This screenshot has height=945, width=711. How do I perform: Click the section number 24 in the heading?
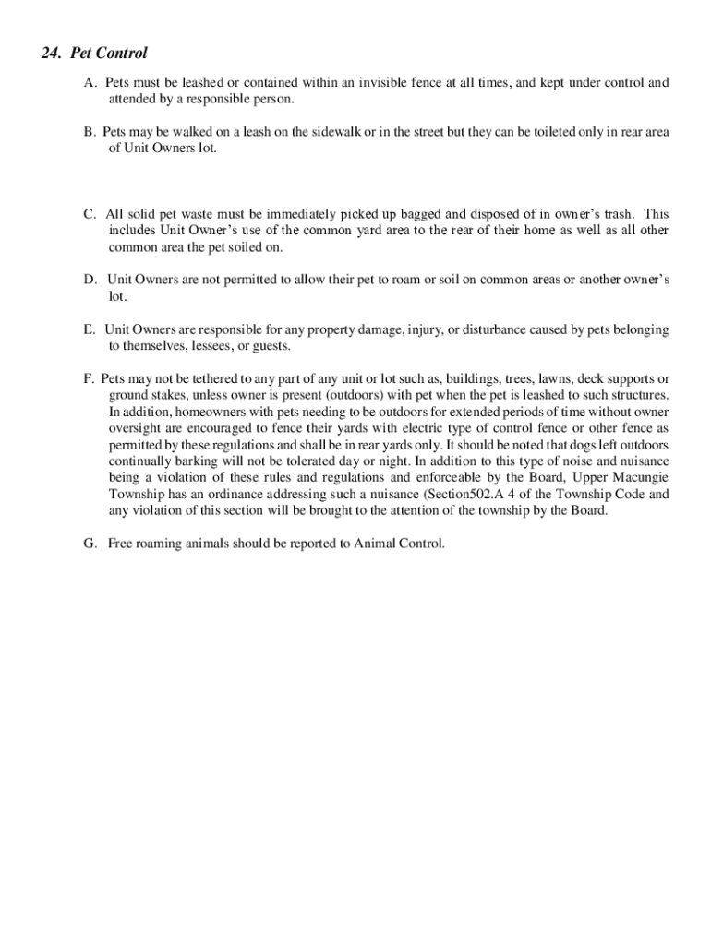(x=50, y=54)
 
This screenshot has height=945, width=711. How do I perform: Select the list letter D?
(x=90, y=279)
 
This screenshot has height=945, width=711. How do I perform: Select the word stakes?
(x=167, y=396)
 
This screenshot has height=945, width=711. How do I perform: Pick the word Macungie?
(x=634, y=478)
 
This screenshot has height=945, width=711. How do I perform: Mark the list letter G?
(x=90, y=544)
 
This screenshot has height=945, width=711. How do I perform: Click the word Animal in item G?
(x=376, y=544)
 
